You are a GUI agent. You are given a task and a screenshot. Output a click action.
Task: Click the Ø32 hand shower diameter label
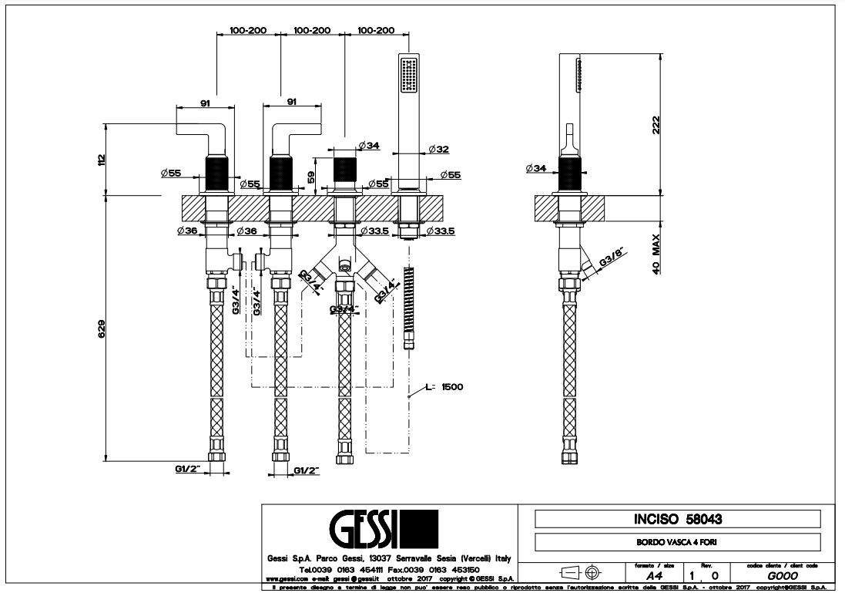tap(438, 148)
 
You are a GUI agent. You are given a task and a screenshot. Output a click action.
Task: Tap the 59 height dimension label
tap(311, 177)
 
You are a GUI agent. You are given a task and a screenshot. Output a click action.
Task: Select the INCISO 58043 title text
tap(677, 519)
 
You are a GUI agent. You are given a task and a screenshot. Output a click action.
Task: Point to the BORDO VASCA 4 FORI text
tap(677, 542)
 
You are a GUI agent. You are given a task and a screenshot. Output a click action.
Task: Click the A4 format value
tap(654, 575)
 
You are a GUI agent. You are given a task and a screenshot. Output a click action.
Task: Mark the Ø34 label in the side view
tap(536, 168)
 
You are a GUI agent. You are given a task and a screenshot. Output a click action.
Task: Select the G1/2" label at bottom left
tap(188, 469)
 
